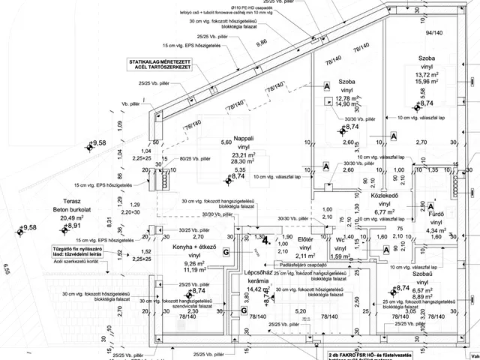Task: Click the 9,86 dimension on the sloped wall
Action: tap(262, 44)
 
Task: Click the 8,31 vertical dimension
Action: tap(109, 220)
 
